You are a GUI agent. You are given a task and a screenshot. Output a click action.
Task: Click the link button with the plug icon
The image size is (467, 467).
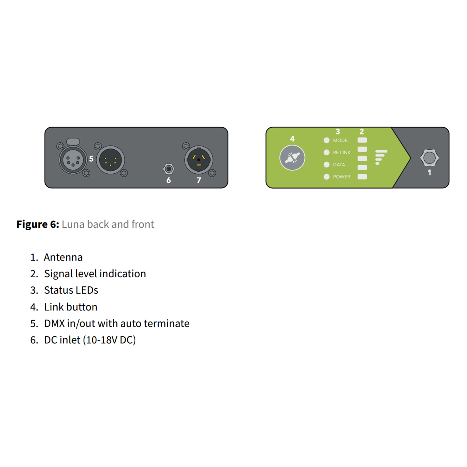pos(292,158)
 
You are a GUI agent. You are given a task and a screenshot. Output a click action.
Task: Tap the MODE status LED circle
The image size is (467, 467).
pos(327,140)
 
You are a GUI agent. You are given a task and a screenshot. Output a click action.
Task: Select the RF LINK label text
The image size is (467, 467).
pos(341,153)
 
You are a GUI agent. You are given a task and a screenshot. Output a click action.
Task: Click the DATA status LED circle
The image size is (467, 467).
pos(327,165)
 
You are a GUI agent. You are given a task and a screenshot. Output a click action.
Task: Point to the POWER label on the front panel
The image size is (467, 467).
pos(341,177)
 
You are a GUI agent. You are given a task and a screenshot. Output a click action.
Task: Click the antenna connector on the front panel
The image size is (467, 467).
pos(429,158)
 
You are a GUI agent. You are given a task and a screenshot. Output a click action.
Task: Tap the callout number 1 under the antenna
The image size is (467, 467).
pos(429,173)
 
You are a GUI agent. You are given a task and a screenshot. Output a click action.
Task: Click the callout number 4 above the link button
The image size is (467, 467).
pos(292,139)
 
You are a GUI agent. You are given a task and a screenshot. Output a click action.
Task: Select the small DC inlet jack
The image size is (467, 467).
pos(169,169)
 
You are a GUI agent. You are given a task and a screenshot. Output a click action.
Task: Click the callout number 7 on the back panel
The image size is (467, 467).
pos(199,180)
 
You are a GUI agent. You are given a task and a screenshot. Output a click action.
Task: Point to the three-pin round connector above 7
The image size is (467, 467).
pos(199,160)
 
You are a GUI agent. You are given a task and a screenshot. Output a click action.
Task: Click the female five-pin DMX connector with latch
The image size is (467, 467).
pos(73,159)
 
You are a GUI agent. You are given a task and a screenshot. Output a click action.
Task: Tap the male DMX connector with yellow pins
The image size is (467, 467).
pos(111,160)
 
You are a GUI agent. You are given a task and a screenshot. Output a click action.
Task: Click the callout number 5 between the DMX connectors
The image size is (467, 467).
pos(91,159)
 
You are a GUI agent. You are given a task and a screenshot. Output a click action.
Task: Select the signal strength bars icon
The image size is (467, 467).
pos(381,157)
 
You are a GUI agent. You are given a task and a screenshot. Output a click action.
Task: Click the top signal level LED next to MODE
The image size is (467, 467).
pos(362,140)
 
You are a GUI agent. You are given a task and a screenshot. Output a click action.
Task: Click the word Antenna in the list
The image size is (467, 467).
pos(63,257)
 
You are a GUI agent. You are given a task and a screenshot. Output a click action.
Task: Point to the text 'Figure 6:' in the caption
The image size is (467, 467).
pos(38,224)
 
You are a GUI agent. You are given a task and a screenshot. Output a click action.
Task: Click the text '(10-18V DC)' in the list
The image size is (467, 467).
pos(109,340)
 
